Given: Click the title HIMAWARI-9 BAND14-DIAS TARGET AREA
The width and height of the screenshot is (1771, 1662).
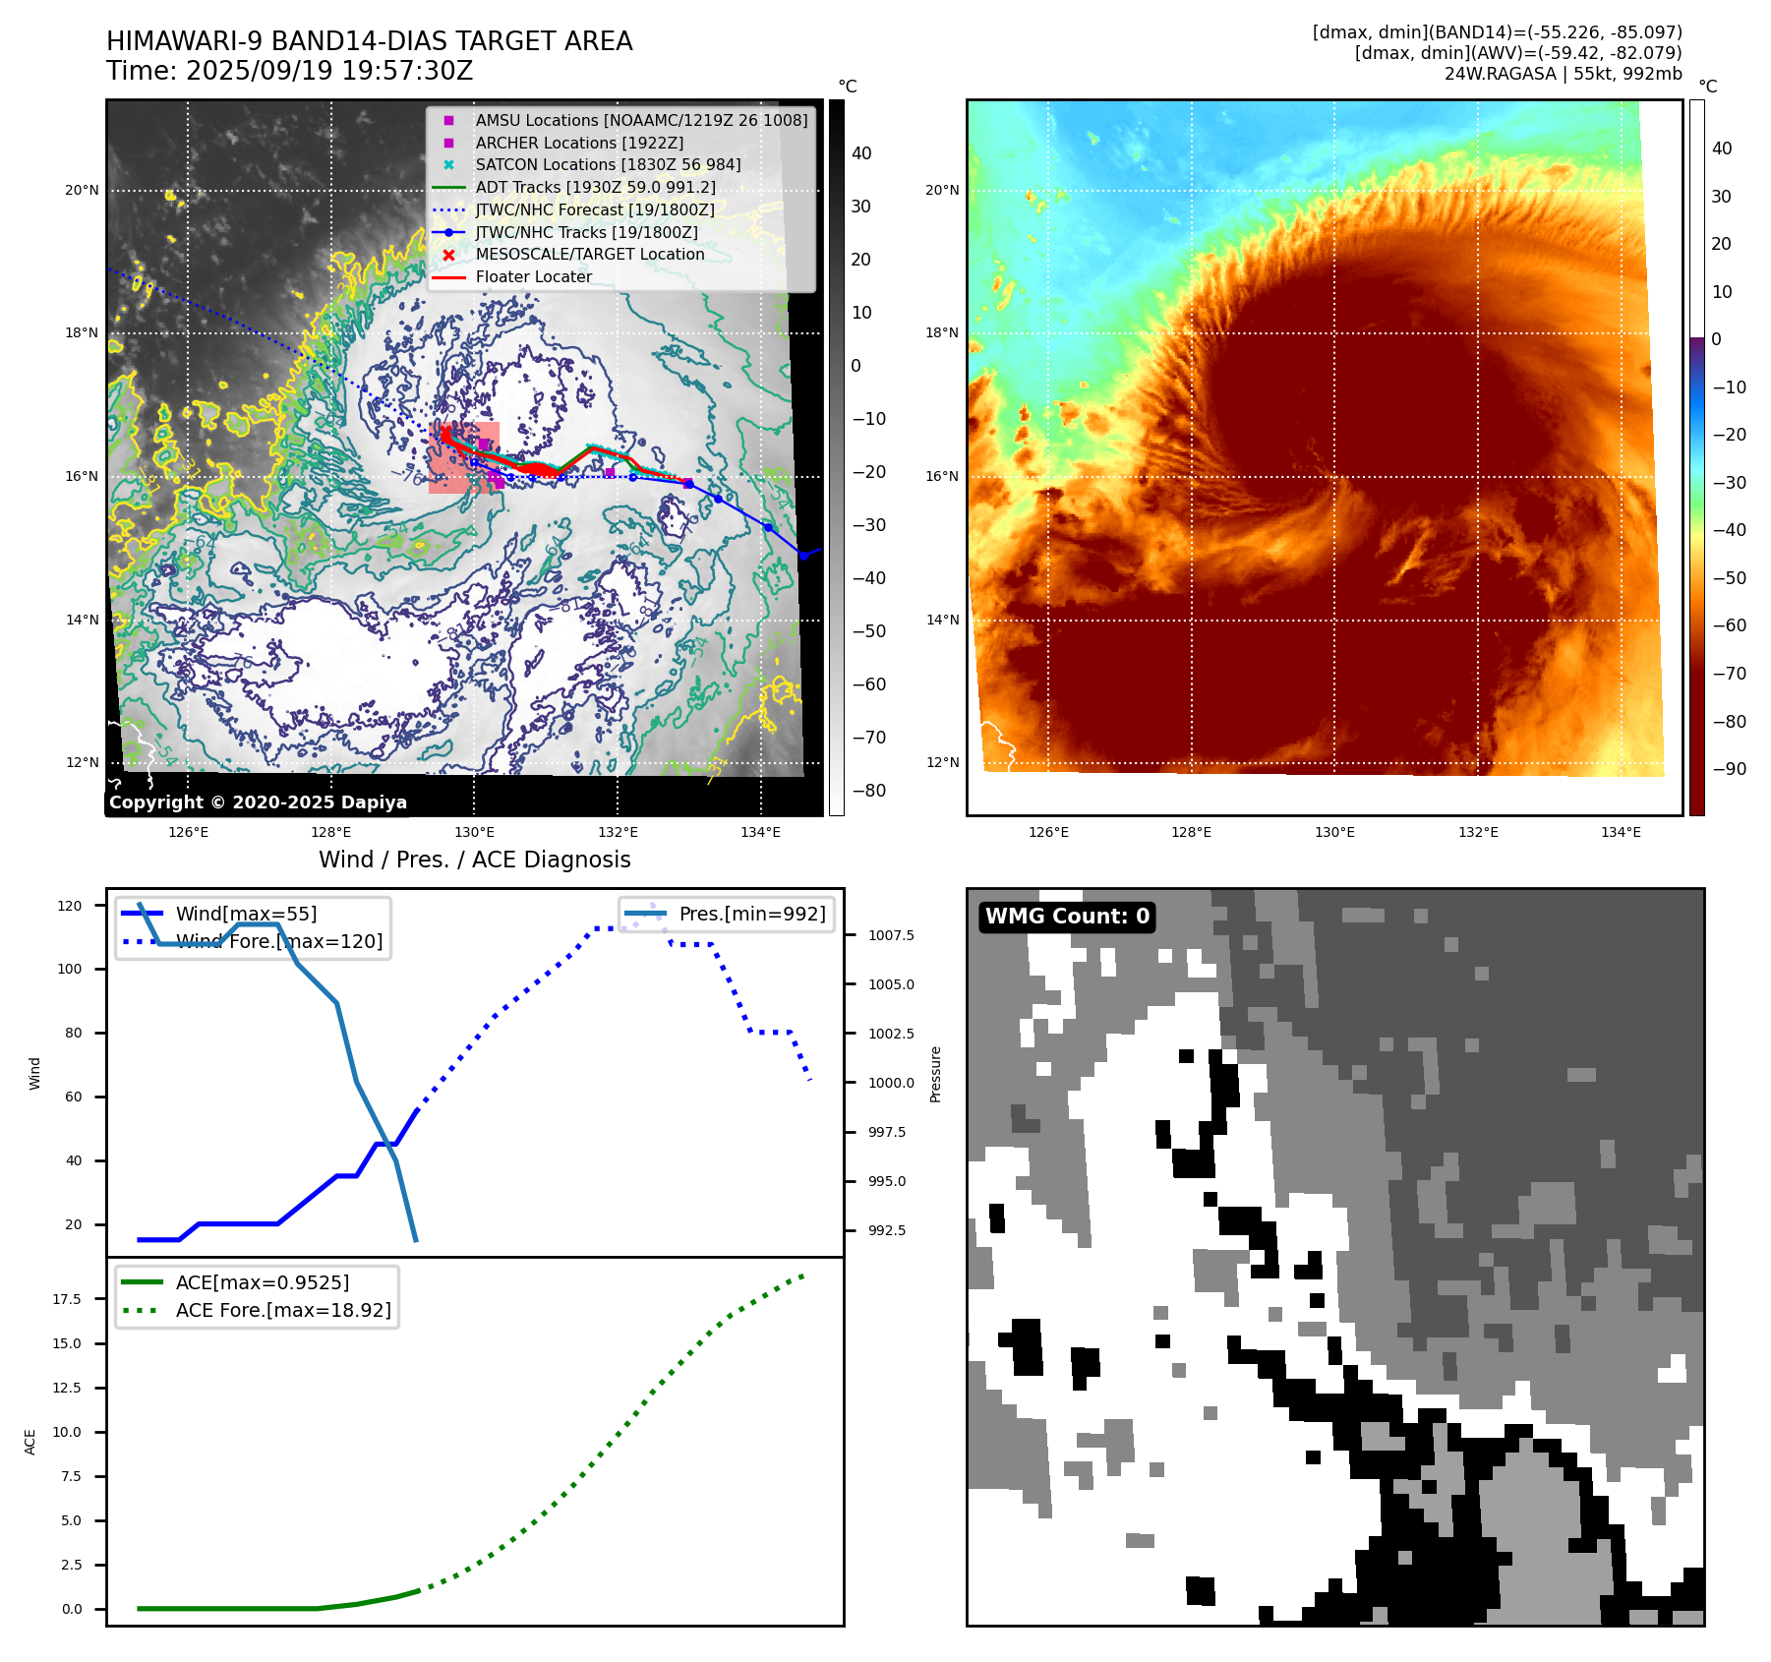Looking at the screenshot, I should point(369,41).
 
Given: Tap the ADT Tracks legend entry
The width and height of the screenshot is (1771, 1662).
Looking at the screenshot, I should point(595,187).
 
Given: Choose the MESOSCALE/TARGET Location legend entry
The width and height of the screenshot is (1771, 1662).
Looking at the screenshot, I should point(589,254).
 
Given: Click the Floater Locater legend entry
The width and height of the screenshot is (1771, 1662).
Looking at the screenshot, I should point(533,276).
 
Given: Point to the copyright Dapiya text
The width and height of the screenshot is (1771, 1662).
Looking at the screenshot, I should point(258,802).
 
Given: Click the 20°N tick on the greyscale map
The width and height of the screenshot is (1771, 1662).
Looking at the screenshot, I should point(83,190).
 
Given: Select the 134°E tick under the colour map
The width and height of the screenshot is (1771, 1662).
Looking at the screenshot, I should point(1621,832).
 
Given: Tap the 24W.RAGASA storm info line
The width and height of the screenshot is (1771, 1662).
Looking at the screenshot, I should point(1563,74).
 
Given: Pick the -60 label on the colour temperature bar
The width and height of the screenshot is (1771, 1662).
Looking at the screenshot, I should point(1729,625).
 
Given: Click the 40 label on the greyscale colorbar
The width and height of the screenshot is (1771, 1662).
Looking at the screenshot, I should point(861,153).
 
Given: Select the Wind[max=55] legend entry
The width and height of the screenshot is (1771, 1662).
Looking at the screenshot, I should point(245,914).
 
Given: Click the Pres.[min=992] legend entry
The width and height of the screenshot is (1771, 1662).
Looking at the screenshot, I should point(751,914).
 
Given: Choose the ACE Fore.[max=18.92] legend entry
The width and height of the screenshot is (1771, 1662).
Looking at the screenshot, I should point(282,1310).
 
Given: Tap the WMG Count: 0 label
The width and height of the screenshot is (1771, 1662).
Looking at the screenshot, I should point(1067,917).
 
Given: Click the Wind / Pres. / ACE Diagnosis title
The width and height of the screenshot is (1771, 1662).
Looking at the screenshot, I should point(474,860).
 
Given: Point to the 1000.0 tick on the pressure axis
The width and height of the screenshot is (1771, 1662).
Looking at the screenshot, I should point(891,1083).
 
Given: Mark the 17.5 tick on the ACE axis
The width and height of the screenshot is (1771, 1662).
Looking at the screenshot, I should point(67,1299).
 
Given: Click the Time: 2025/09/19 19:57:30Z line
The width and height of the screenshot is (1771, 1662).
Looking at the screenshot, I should point(289,71).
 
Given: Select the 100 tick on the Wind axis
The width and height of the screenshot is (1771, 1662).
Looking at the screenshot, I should point(70,969).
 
